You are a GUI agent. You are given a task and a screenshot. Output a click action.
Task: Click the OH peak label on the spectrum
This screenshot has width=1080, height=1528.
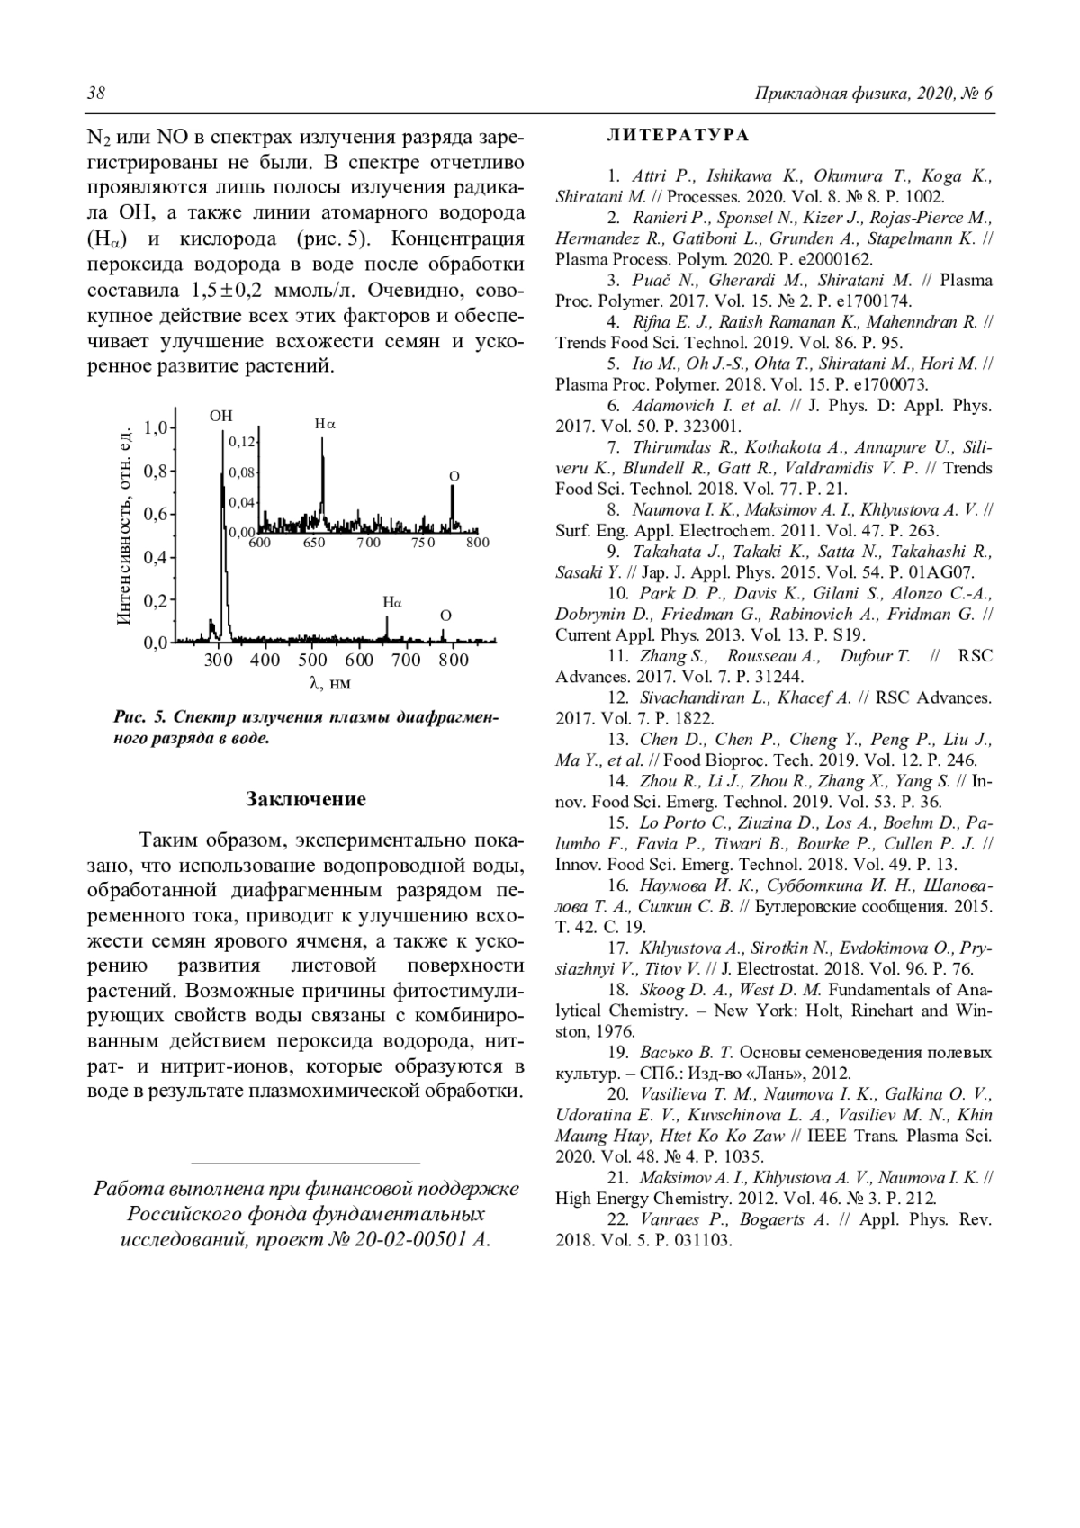point(220,415)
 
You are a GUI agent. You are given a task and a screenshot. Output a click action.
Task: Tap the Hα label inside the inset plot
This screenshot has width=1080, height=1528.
point(325,423)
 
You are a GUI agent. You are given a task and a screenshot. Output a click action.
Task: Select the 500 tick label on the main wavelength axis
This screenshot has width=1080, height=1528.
point(312,660)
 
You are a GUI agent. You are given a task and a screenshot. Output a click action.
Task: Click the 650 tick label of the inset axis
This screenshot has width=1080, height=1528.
point(314,543)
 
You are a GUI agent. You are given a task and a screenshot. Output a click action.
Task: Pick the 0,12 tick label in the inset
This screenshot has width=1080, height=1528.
point(242,442)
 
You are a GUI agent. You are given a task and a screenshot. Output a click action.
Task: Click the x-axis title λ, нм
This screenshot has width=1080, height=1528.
point(329,683)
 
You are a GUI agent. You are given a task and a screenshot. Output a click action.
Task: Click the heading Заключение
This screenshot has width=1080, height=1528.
point(306,799)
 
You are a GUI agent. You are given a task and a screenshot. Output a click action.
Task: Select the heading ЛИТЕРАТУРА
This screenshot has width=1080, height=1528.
point(678,136)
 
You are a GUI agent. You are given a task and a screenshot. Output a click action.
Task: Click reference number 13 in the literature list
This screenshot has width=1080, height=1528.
point(617,740)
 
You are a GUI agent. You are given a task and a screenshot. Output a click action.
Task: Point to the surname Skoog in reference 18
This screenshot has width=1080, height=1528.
point(661,990)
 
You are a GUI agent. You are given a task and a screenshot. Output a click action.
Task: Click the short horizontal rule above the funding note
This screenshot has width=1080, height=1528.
point(306,1164)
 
